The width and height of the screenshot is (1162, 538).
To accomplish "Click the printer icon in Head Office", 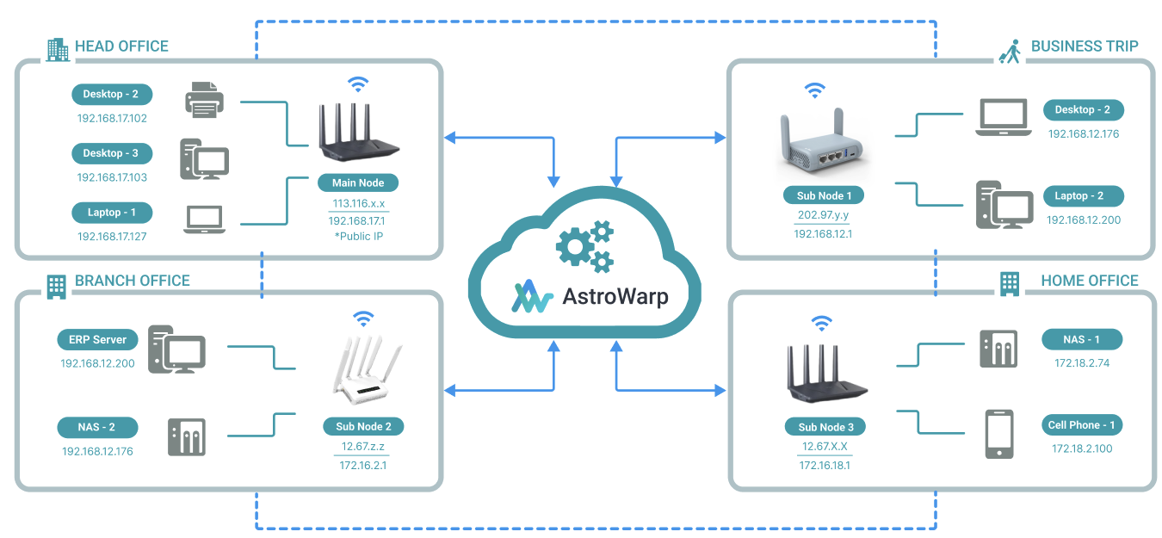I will [x=204, y=100].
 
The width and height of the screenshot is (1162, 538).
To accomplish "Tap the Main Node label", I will [x=358, y=183].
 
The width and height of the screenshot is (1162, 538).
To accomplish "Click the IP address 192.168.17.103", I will [x=112, y=177].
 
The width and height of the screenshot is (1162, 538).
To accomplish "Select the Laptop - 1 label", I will [x=112, y=213].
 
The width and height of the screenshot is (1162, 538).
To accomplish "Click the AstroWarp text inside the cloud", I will [x=615, y=297].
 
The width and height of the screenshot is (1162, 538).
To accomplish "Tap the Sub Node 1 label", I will [x=824, y=195].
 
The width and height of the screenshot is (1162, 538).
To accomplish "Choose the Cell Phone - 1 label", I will [x=1081, y=425].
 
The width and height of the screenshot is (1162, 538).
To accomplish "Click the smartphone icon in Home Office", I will [x=998, y=434].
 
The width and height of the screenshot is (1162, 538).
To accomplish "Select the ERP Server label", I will [x=97, y=339].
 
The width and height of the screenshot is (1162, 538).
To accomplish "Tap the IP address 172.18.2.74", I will [x=1081, y=363].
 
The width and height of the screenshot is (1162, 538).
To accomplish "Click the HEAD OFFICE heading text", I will [x=121, y=46].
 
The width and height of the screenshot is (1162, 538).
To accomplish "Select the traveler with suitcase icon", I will [x=1010, y=51].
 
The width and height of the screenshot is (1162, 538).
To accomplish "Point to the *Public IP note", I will [x=358, y=236].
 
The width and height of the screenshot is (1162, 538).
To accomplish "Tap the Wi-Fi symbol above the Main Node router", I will [x=357, y=84].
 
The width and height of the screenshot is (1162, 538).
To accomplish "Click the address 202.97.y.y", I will [x=823, y=216].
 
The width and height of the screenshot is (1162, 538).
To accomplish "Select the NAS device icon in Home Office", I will [x=998, y=349].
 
